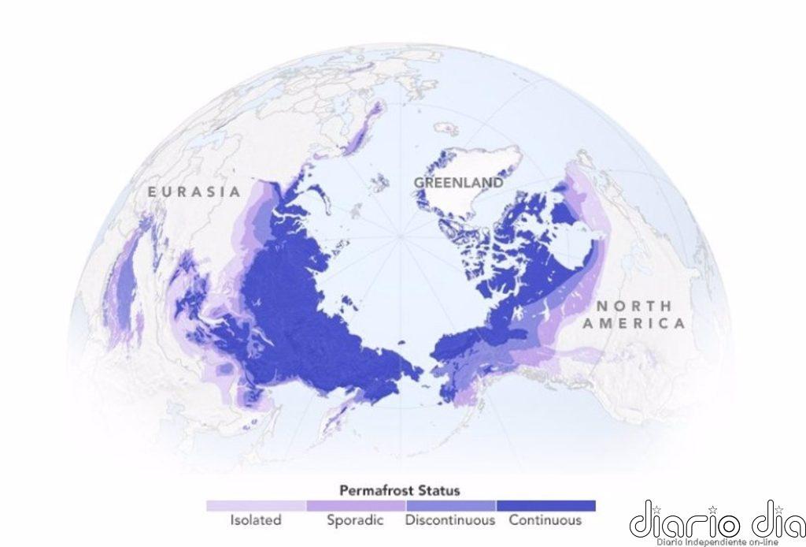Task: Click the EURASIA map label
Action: (x=194, y=192)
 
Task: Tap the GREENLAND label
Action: (x=459, y=182)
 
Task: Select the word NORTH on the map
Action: (x=634, y=306)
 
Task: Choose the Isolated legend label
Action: (x=256, y=520)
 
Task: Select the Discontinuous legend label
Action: (x=450, y=520)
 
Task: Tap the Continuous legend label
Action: (x=545, y=520)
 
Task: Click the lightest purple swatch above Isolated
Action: (x=256, y=506)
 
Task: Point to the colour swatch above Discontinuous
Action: (x=450, y=506)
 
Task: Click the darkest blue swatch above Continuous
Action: (x=545, y=506)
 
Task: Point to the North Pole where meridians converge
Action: (x=401, y=235)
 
